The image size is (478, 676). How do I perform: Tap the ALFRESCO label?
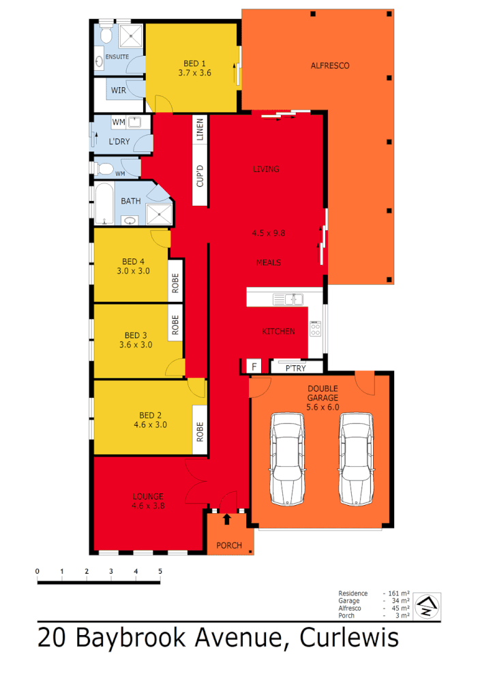pos(329,66)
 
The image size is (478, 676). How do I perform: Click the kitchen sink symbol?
pos(287,298)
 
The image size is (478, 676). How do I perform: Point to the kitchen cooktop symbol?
pos(316,329)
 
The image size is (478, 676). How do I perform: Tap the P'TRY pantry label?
pos(295,368)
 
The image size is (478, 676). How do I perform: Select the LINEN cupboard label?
pos(200,129)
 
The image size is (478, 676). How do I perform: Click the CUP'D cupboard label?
pos(200,176)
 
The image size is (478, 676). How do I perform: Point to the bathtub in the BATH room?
pos(104,202)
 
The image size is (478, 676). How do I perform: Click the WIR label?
pos(119,90)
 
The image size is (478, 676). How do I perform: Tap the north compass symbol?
pos(428,604)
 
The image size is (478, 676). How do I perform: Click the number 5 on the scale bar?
pos(160,571)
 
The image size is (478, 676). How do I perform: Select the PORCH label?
pos(229,545)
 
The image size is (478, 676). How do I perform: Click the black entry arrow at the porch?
pos(227,520)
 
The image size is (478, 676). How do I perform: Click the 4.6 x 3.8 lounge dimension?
pos(148,506)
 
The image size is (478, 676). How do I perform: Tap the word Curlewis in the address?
pos(345,639)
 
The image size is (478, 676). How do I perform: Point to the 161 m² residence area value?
pos(398,594)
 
